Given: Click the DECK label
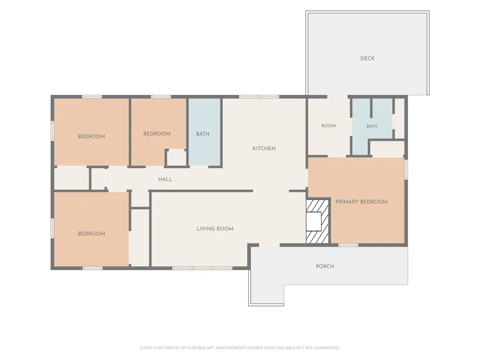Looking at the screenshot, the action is pyautogui.click(x=367, y=58).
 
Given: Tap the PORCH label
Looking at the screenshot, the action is pyautogui.click(x=325, y=266).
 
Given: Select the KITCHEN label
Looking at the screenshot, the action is pyautogui.click(x=264, y=148).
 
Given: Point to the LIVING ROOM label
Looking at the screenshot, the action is pyautogui.click(x=215, y=229).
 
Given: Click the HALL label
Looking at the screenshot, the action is pyautogui.click(x=165, y=179).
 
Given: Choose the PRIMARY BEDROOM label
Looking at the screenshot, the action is pyautogui.click(x=361, y=202).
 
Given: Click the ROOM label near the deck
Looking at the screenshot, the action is pyautogui.click(x=328, y=126).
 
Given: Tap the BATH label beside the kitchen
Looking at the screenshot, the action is pyautogui.click(x=202, y=134).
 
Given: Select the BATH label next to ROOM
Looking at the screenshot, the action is pyautogui.click(x=372, y=126).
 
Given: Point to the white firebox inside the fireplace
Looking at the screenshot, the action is pyautogui.click(x=313, y=222).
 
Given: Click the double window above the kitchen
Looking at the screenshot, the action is pyautogui.click(x=259, y=97).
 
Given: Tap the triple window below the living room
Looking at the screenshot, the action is pyautogui.click(x=202, y=268).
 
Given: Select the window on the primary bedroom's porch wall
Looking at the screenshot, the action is pyautogui.click(x=348, y=245).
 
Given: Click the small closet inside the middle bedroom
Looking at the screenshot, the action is pyautogui.click(x=176, y=158).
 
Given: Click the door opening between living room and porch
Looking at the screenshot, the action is pyautogui.click(x=270, y=245).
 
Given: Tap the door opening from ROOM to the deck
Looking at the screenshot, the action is pyautogui.click(x=337, y=97).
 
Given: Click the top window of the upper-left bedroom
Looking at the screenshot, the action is pyautogui.click(x=92, y=97).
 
